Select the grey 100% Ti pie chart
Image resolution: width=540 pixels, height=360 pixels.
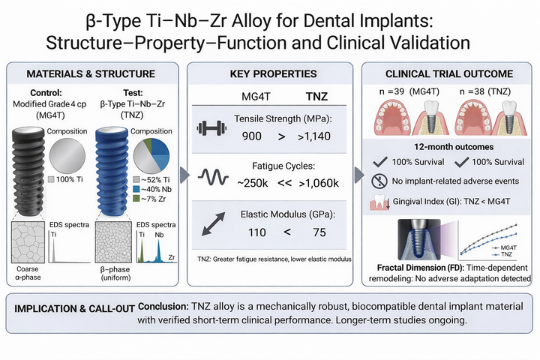coord(71,153)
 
